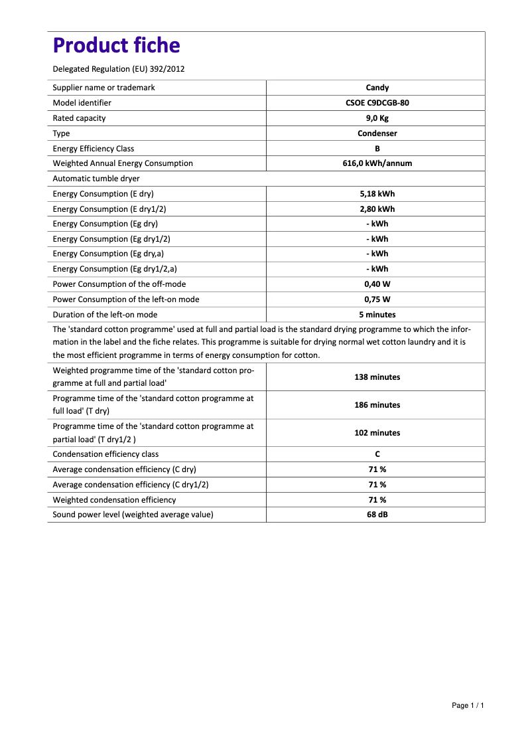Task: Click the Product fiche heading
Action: (x=116, y=45)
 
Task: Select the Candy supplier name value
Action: (x=377, y=88)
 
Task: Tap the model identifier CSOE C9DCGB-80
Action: (x=377, y=103)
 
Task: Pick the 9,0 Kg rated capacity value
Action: (x=377, y=118)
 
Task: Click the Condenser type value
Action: (x=377, y=133)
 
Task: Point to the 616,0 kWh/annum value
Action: (x=377, y=163)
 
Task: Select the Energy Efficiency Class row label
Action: (x=94, y=149)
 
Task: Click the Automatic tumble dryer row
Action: (x=96, y=179)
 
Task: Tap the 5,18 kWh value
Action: (x=377, y=194)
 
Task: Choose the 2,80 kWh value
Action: (x=377, y=209)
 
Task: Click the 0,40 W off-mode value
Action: (x=377, y=284)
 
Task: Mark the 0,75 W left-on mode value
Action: (x=377, y=299)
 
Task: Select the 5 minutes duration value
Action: (x=377, y=315)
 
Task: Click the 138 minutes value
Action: (x=377, y=377)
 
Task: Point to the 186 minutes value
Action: (x=377, y=405)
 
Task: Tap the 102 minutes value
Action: (x=377, y=433)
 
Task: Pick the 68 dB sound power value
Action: (x=377, y=515)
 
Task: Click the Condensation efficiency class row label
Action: (x=105, y=454)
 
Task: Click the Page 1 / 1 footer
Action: (x=468, y=705)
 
